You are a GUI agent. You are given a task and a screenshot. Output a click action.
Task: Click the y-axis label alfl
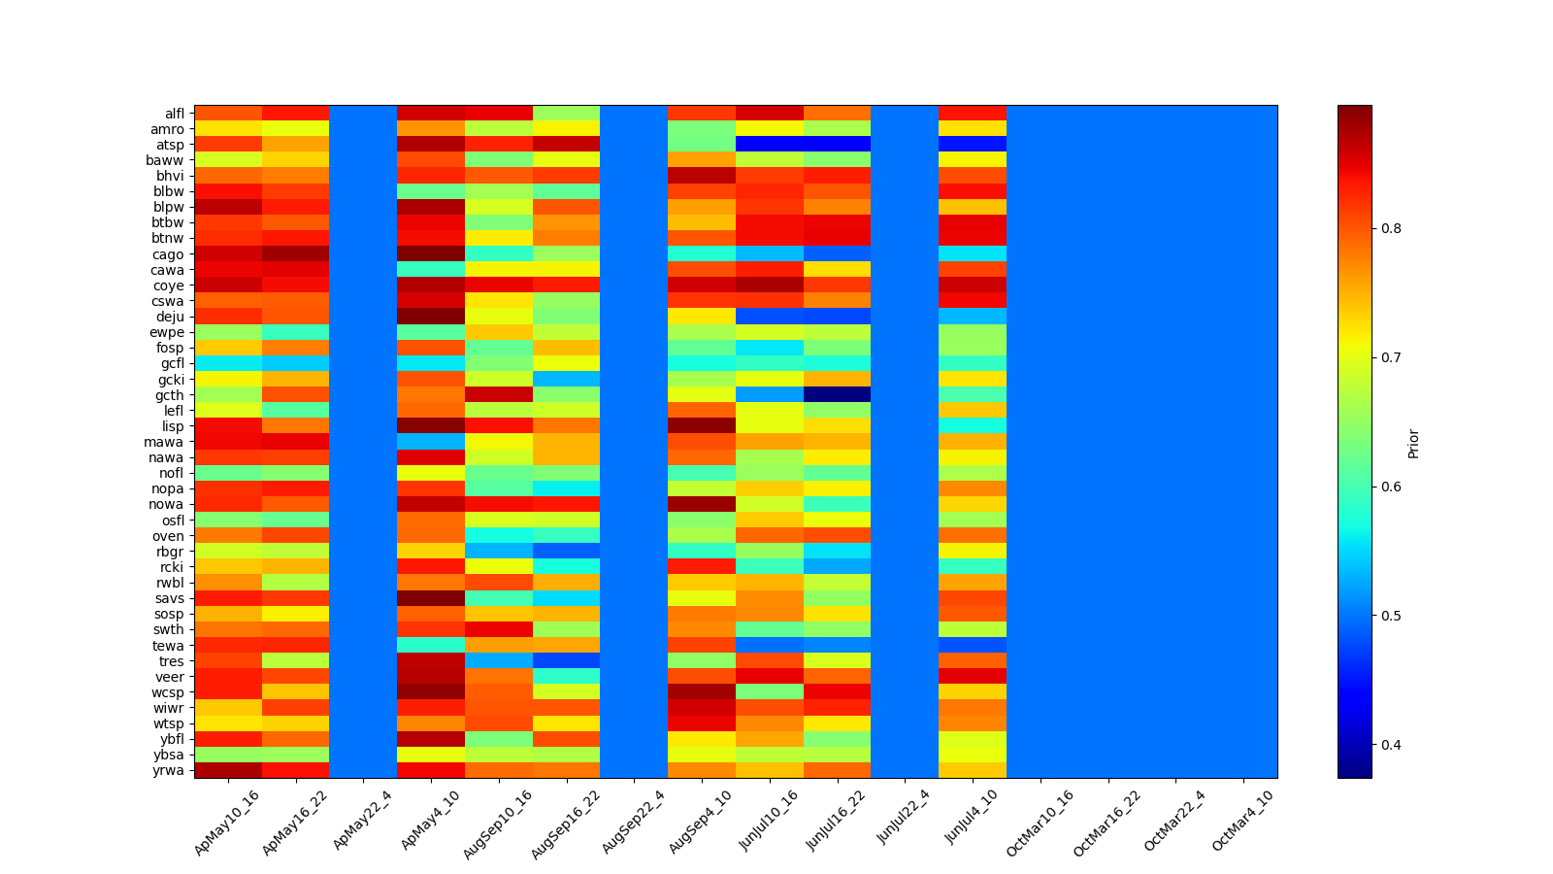(x=174, y=113)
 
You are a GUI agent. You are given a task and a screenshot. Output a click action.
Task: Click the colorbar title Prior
(x=1413, y=443)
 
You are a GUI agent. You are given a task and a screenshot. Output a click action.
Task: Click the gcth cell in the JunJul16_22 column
(x=838, y=394)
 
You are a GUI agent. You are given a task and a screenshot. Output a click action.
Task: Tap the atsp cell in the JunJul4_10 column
(x=973, y=144)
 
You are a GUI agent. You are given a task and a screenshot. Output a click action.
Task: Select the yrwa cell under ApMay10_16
(x=228, y=770)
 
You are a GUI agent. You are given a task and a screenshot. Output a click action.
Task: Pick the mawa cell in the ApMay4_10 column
(x=431, y=442)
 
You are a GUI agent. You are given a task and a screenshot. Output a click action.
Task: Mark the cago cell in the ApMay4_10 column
(x=431, y=253)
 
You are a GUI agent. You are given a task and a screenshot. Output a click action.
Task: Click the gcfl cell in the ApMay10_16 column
(x=228, y=363)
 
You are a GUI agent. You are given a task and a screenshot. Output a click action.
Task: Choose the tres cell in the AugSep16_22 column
(x=567, y=660)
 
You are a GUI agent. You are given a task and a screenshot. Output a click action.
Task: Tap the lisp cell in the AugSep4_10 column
(x=702, y=426)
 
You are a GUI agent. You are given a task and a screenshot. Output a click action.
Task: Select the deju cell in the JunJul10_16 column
(x=770, y=317)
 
